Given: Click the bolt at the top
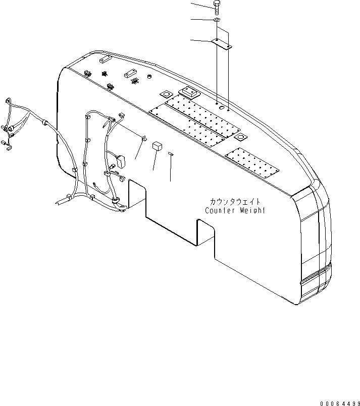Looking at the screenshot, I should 216,7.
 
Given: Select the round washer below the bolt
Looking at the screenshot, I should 216,20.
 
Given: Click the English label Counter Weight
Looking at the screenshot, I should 235,210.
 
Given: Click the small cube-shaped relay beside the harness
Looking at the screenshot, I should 157,145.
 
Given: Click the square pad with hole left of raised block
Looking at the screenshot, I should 165,94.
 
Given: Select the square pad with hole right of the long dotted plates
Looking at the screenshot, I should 242,138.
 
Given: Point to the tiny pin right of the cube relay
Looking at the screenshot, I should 171,153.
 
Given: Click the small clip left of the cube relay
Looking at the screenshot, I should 143,137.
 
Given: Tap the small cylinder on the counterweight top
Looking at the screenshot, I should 149,76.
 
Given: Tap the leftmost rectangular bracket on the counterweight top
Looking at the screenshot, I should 105,61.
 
